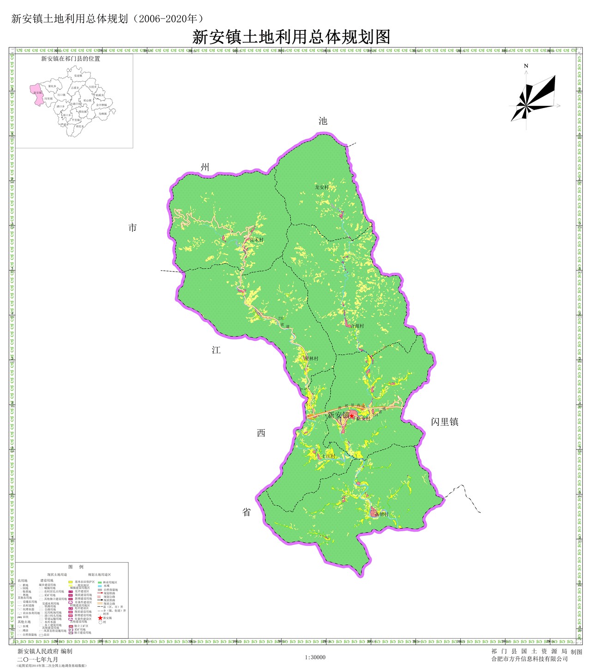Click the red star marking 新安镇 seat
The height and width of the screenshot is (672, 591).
pos(352,416)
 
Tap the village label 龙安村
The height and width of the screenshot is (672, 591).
pos(322,188)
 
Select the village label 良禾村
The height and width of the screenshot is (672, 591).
pos(256,240)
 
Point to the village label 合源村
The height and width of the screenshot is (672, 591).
pos(357,326)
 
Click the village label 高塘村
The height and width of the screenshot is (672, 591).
pos(381,514)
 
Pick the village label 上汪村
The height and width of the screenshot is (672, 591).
pos(329,456)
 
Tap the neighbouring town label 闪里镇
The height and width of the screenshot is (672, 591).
pos(445,422)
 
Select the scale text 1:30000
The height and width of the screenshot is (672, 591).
pos(315,657)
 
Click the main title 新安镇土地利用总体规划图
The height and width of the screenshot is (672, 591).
pos(291,37)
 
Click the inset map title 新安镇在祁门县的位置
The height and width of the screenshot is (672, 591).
pos(71,59)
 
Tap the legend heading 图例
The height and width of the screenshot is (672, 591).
pos(76,567)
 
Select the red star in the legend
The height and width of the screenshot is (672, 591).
pos(100,618)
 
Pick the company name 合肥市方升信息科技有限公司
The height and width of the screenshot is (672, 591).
pos(529,659)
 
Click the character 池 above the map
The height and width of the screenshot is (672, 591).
pos(323,121)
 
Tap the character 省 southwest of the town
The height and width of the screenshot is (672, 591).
pos(247,512)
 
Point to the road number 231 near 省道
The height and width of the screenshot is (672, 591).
pos(281,318)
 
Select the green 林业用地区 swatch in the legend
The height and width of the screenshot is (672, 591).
pos(100,582)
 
